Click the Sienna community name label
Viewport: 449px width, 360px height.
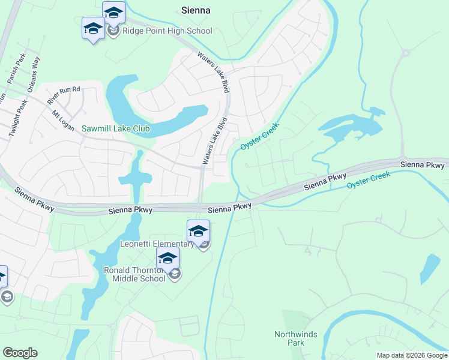196,10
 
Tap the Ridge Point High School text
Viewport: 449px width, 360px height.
167,31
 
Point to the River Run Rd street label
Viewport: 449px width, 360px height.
64,94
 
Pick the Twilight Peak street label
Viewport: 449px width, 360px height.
19,117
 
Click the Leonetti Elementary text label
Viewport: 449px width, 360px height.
157,244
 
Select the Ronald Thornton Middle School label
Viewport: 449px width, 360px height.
134,274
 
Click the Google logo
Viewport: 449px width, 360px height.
20,353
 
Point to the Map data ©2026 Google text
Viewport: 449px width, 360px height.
411,355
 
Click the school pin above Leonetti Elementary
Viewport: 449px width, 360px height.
198,230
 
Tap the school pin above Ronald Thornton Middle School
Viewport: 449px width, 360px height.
167,258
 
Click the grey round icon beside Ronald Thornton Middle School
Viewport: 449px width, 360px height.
175,275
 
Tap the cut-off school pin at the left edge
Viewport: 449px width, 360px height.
2,277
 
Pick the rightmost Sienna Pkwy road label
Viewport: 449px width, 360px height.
424,164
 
